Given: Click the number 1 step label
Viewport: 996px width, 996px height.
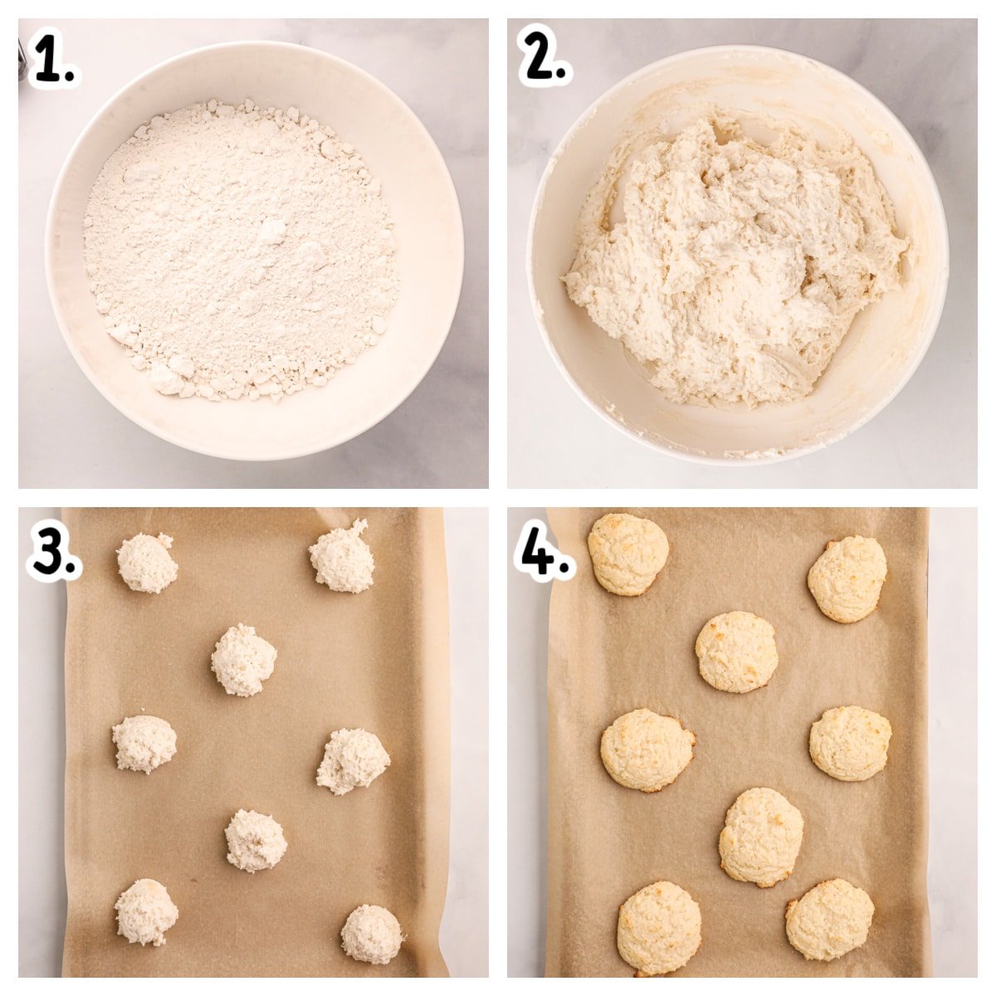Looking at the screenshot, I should pos(54,61).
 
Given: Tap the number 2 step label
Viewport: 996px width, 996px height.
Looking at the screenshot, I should pos(544,59).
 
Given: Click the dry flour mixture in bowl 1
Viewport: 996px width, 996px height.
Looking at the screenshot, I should pos(241,249).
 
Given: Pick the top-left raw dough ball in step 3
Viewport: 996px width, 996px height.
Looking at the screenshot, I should pos(147,563).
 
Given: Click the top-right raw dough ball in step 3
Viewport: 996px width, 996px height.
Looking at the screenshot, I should pos(342,557).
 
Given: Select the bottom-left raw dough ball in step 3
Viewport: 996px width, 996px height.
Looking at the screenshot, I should pos(146,911).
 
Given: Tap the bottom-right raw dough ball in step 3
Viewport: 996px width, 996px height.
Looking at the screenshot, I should pos(372,934).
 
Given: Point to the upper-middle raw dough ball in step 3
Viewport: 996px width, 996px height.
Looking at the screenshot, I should pos(243,660).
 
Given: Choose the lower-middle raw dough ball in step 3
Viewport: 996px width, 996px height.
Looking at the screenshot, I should pos(256,840).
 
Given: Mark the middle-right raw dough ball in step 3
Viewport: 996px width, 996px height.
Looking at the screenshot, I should pos(352,760).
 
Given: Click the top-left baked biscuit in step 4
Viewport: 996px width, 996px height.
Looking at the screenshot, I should pos(627,554).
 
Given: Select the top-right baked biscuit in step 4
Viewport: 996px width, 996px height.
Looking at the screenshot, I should pos(847,579).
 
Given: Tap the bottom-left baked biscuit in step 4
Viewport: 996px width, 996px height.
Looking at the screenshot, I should pos(659,927).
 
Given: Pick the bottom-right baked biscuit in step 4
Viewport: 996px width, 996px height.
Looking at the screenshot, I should pos(829,919).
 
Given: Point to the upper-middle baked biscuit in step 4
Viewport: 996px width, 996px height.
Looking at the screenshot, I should pos(736,652).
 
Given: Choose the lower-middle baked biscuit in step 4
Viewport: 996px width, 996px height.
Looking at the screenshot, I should pos(760,837).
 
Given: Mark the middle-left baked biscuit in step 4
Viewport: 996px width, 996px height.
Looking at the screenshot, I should pos(647,749).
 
